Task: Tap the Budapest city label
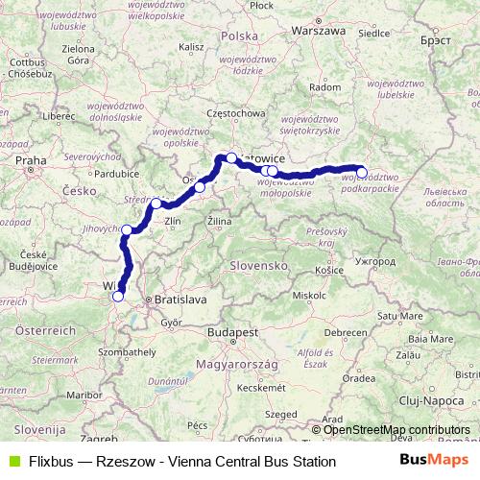pos(229,332)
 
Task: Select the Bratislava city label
pos(180,300)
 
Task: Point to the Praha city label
pos(32,160)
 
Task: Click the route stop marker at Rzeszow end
pos(362,174)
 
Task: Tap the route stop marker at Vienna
pos(118,296)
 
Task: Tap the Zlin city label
pos(173,221)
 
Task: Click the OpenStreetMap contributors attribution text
pos(396,430)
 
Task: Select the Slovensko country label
pos(260,264)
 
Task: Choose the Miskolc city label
pos(309,295)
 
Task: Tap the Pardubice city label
pos(105,174)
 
